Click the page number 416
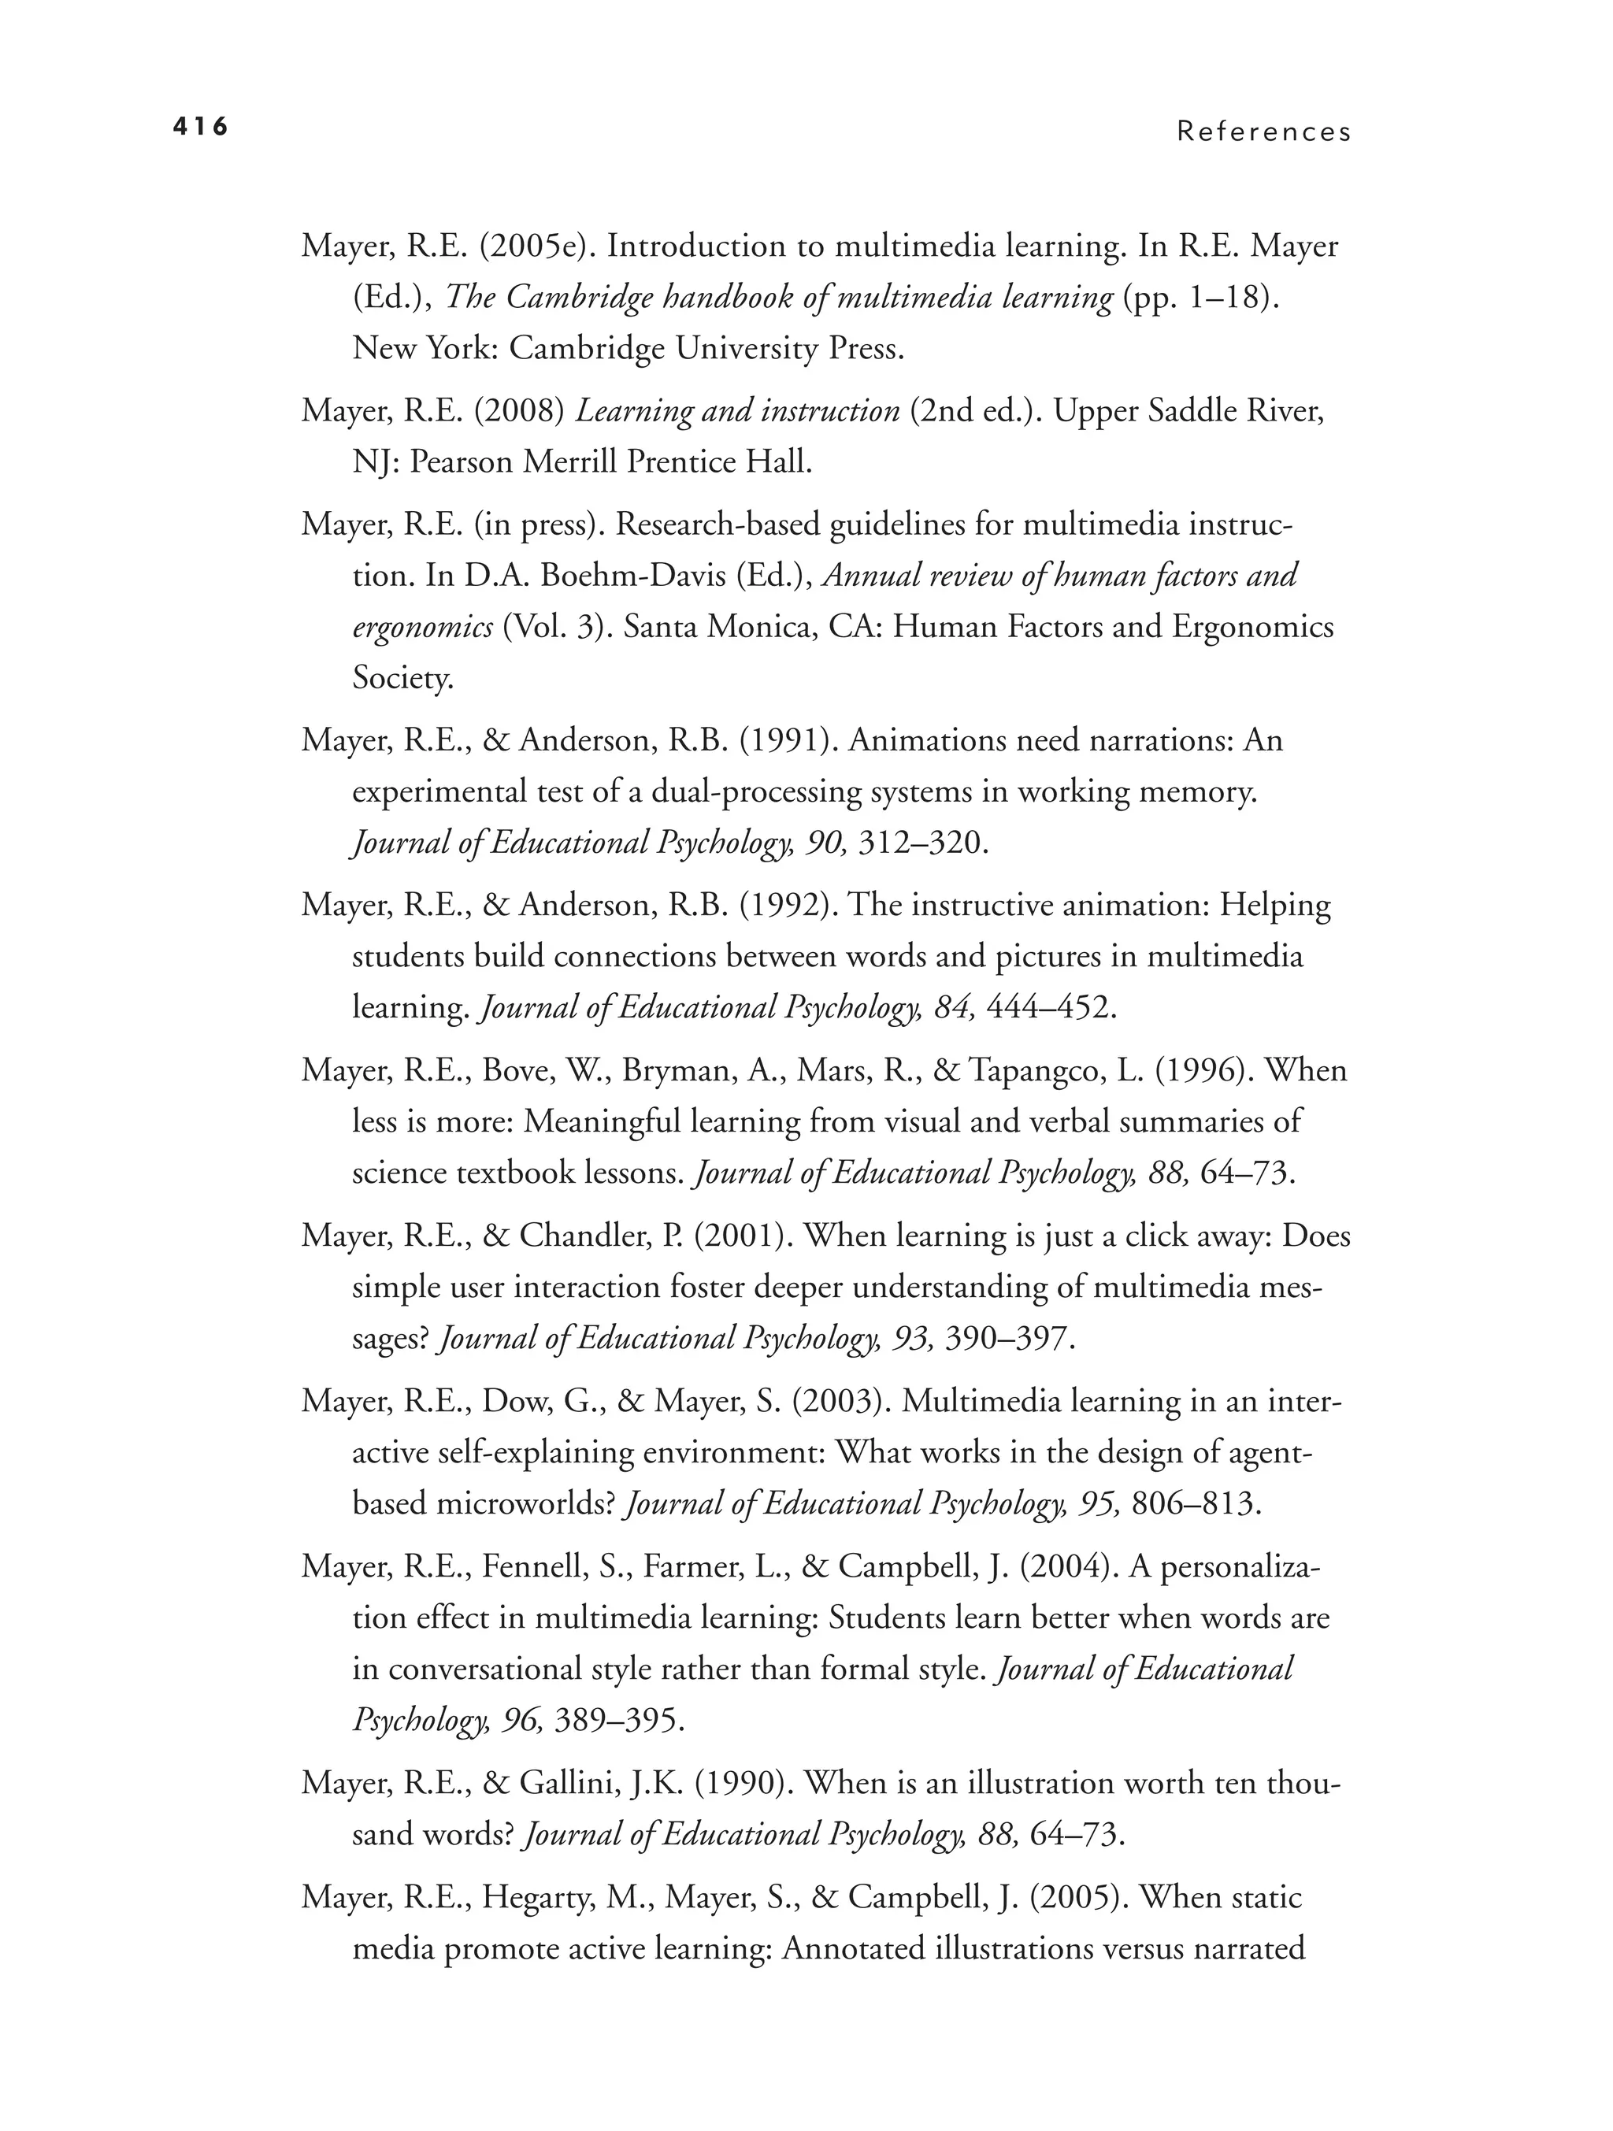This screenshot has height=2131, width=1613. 200,126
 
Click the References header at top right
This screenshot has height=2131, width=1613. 1263,132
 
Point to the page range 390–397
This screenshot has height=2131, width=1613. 1010,1339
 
